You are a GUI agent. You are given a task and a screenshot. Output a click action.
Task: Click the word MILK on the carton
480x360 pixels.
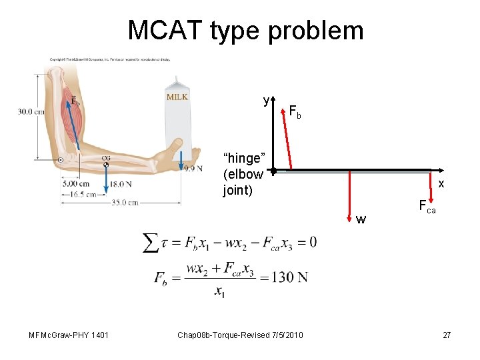click(177, 97)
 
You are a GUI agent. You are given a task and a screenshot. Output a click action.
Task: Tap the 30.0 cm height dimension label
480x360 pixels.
click(31, 111)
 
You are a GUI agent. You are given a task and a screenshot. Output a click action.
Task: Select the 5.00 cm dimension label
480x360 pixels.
click(75, 183)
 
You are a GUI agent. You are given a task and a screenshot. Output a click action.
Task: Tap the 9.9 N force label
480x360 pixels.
click(193, 169)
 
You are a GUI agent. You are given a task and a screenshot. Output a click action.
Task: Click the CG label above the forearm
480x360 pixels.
click(106, 158)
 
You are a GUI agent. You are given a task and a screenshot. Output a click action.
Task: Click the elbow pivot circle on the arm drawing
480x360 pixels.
click(61, 160)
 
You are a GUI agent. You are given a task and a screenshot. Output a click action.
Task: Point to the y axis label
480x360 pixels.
click(266, 101)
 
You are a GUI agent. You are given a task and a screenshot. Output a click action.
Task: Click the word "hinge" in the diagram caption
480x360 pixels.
click(243, 159)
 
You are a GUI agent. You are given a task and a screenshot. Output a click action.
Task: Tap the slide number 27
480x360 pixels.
click(447, 334)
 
